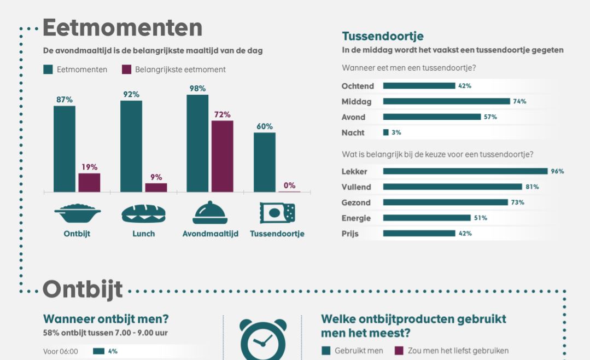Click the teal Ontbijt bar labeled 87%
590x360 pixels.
pyautogui.click(x=65, y=148)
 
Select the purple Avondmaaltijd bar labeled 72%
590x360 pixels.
pyautogui.click(x=222, y=156)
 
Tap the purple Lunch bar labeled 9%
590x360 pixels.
pyautogui.click(x=156, y=187)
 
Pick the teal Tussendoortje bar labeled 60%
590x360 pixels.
pyautogui.click(x=265, y=162)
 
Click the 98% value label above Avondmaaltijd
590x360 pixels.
pyautogui.click(x=197, y=89)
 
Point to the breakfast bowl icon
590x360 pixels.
pyautogui.click(x=78, y=213)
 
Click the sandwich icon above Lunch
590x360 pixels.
pyautogui.click(x=143, y=213)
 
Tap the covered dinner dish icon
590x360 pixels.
pyautogui.click(x=210, y=213)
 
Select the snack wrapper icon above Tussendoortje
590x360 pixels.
pyautogui.click(x=277, y=213)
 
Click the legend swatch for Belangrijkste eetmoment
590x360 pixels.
pyautogui.click(x=126, y=69)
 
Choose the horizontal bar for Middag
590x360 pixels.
pyautogui.click(x=446, y=101)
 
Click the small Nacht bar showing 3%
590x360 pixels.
pyautogui.click(x=386, y=132)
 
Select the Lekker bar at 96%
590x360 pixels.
pyautogui.click(x=465, y=171)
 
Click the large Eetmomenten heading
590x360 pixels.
pyautogui.click(x=122, y=27)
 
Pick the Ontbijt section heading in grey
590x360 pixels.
pyautogui.click(x=82, y=289)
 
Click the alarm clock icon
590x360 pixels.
pyautogui.click(x=263, y=339)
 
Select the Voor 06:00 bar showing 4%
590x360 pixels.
pyautogui.click(x=99, y=351)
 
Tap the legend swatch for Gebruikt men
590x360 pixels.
pyautogui.click(x=326, y=351)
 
